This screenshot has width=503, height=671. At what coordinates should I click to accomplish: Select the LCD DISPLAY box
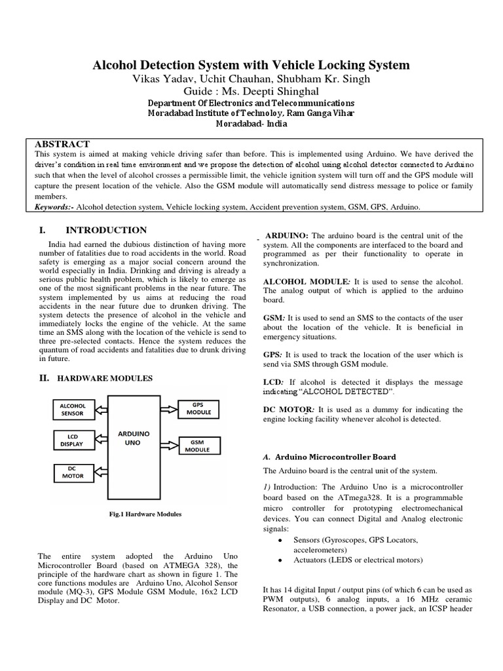point(73,440)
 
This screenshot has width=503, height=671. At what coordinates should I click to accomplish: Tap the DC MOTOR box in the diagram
point(73,472)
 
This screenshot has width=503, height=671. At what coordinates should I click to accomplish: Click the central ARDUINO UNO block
point(134,438)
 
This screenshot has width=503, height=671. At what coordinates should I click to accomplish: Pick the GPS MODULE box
point(197,410)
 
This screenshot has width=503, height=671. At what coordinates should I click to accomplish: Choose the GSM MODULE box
point(197,446)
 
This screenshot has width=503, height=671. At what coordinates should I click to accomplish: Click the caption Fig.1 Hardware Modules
point(145,514)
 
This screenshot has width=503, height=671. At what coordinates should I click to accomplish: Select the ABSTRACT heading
point(62,144)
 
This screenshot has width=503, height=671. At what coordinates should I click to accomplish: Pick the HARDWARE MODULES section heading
point(105,379)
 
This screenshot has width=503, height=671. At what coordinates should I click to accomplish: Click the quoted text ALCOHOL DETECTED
point(346,392)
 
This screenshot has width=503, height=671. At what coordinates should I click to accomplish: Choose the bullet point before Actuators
point(280,560)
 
